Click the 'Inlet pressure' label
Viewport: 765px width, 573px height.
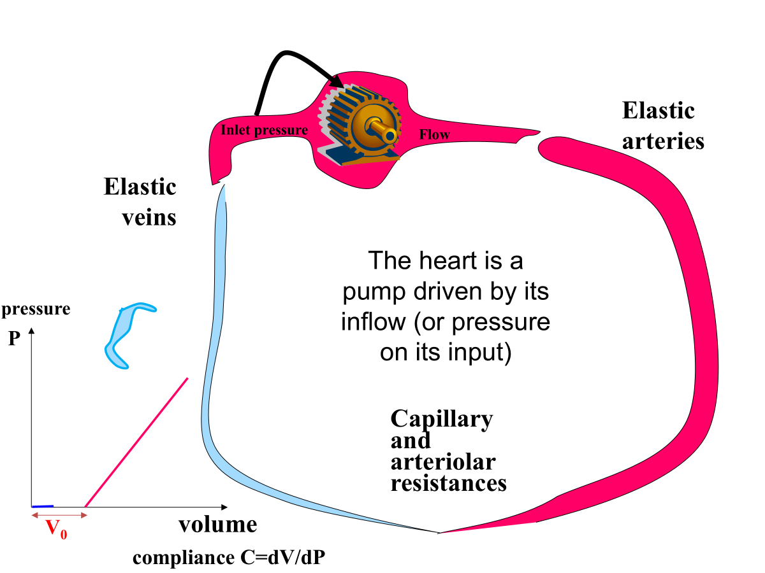tap(264, 131)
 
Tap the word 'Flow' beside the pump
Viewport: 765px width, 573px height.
tap(434, 134)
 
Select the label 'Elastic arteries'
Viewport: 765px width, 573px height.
tap(663, 125)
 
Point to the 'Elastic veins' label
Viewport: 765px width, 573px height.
tap(140, 202)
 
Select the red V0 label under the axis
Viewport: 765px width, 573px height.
tap(57, 530)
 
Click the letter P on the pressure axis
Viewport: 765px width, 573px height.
tap(15, 339)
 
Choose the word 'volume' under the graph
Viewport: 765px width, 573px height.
tap(217, 525)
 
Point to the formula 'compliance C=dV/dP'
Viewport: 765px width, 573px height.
tap(232, 558)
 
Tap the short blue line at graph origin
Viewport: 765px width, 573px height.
tap(42, 506)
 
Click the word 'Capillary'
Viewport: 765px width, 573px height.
tap(441, 419)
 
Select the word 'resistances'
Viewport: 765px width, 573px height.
tap(448, 483)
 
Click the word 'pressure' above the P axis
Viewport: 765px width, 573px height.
tap(36, 309)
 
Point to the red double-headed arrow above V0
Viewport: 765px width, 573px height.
tap(59, 514)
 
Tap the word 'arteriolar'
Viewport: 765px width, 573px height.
tap(442, 462)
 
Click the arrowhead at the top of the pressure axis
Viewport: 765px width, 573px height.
tap(31, 332)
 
